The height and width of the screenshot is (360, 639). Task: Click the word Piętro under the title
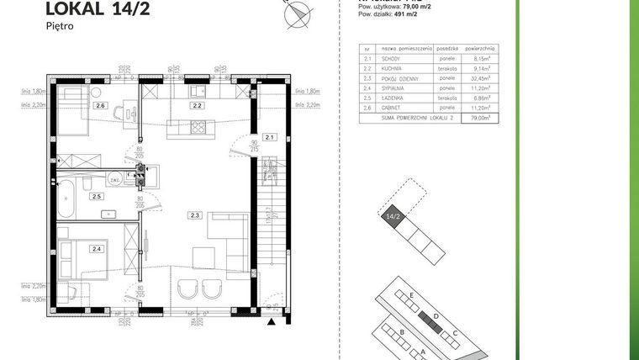coord(59,25)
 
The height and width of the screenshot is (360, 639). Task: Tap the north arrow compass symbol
coord(298,12)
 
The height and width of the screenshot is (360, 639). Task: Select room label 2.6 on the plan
coord(100,106)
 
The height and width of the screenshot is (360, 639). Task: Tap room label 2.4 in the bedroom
coord(97,248)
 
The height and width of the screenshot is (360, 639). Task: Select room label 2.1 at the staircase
coord(269,136)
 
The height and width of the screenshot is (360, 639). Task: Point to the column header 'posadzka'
coord(447,50)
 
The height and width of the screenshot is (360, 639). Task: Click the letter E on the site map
coord(410,296)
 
